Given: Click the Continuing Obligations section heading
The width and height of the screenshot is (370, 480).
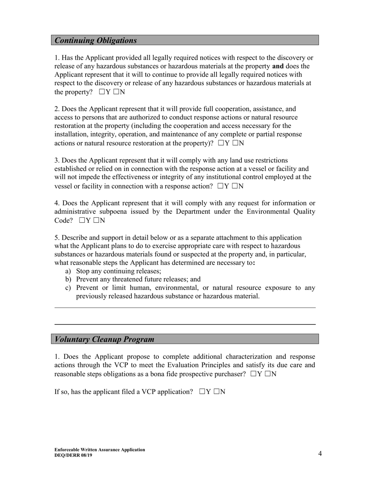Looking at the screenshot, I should [96, 41].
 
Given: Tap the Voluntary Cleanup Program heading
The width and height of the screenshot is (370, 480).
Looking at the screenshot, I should [104, 339].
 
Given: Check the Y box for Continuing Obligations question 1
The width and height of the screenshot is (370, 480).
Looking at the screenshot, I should [102, 92].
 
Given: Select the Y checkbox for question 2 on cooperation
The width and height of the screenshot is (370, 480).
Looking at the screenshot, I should [221, 143].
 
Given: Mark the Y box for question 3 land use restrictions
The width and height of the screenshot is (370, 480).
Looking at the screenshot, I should [220, 186].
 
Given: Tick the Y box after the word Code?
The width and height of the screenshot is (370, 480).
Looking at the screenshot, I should [81, 220].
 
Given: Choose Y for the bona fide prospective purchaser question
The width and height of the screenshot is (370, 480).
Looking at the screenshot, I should [254, 374].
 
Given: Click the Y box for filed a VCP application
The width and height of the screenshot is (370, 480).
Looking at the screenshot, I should [202, 391].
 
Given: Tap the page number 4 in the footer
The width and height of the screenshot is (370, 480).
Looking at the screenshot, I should [320, 453].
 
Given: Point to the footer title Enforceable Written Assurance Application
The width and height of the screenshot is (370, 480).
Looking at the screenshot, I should [100, 450].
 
